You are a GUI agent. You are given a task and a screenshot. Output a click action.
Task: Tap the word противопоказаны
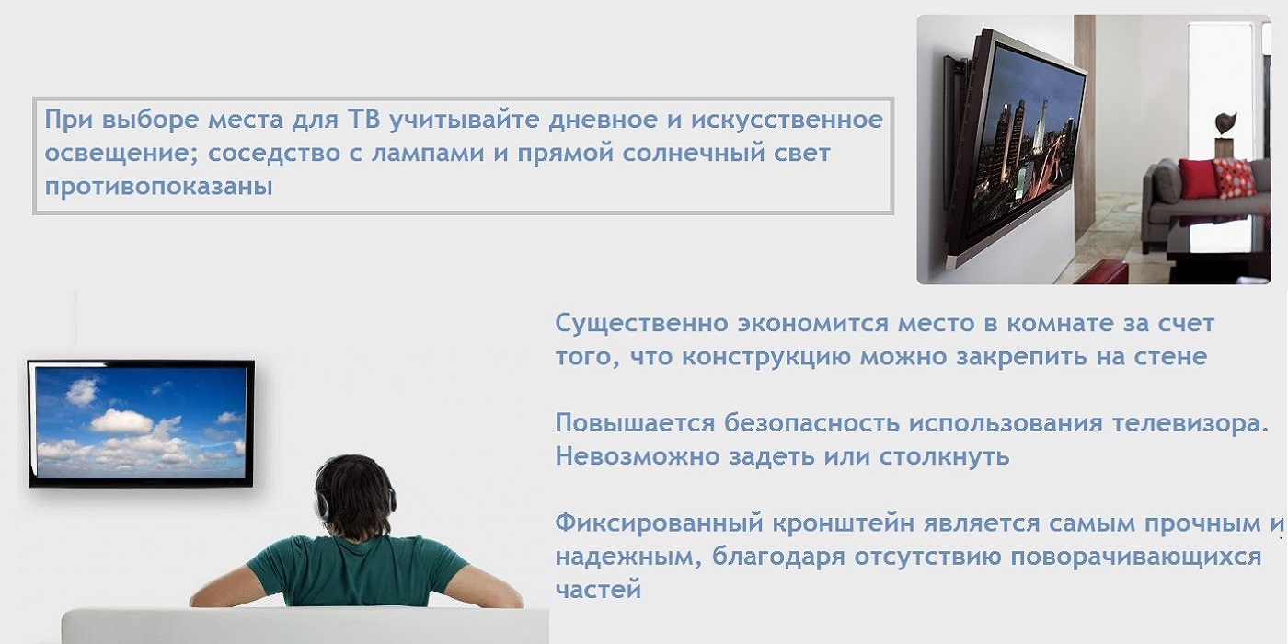tap(158, 187)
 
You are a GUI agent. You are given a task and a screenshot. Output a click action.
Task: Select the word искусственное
tap(788, 121)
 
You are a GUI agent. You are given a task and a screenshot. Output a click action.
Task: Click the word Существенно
tap(642, 324)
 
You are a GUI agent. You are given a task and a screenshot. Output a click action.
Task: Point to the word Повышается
tap(636, 424)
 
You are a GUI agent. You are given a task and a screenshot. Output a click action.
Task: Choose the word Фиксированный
tap(659, 523)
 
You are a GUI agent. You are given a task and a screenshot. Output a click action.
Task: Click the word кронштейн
tap(843, 523)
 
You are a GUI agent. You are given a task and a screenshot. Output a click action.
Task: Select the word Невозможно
tap(638, 456)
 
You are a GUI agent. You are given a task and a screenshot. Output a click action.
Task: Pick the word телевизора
tap(1190, 424)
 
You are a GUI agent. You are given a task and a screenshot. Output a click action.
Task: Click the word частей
tap(598, 591)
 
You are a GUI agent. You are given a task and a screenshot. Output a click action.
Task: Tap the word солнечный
tap(682, 154)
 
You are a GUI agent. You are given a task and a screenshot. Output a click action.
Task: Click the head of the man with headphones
tap(355, 495)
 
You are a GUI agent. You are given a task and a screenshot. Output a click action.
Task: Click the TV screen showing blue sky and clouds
tap(141, 422)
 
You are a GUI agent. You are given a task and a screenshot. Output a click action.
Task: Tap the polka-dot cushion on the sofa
tap(1235, 178)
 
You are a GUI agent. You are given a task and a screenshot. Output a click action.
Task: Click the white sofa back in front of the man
tap(305, 626)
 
